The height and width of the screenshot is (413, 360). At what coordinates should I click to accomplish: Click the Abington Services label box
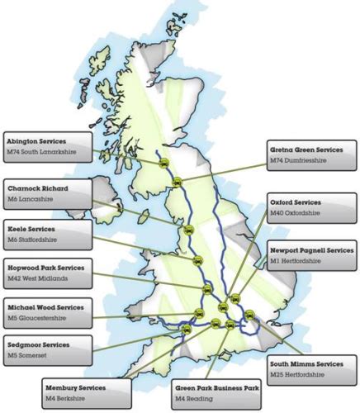47,146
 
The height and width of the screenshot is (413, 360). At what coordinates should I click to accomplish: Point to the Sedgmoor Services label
47,350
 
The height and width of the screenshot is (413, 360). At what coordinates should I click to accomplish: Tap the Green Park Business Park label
217,392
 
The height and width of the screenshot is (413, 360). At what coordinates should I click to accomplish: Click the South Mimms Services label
311,369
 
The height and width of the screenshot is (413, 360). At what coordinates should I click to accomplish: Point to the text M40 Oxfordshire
300,213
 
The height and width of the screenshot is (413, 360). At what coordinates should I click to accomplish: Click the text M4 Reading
194,397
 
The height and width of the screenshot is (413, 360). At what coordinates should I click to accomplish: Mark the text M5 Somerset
31,356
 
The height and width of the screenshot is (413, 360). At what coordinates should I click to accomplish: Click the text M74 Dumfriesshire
299,161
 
